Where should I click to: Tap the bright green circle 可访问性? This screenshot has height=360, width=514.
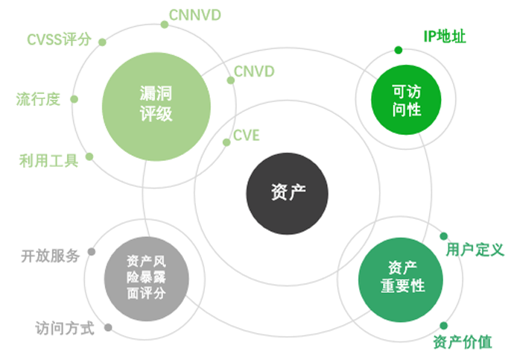406,101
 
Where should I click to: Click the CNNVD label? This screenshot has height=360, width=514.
194,14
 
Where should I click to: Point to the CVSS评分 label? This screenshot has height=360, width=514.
59,40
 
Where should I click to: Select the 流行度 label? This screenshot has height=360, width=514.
38,99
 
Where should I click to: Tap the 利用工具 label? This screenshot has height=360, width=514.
48,160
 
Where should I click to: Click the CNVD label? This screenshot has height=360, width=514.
254,72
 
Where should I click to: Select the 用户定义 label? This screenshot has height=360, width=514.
475,249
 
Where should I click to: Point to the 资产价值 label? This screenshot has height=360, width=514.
462,342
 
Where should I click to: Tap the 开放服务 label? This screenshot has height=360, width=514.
49,256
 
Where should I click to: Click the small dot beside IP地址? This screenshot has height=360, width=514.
399,51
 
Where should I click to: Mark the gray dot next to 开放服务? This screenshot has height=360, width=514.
92,251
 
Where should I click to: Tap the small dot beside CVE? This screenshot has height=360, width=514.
225,142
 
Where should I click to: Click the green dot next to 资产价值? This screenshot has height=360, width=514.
443,326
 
